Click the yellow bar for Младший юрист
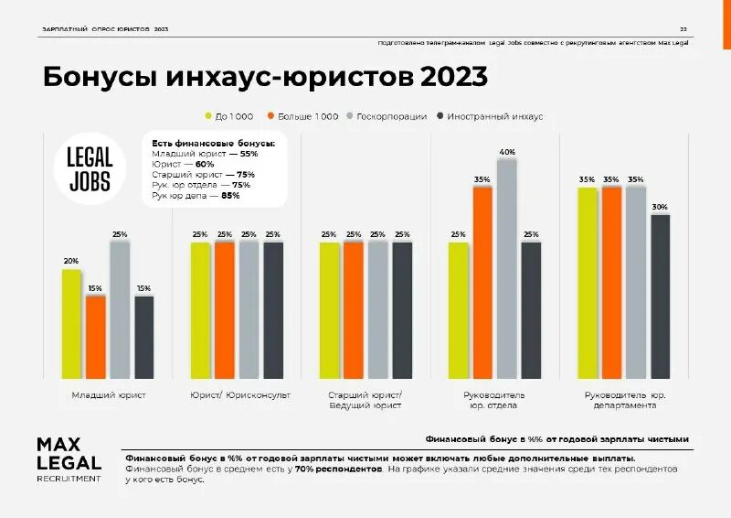71,323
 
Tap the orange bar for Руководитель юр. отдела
482,282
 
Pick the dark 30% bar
660,296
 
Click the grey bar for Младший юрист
120,309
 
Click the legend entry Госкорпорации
388,116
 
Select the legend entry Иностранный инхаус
490,116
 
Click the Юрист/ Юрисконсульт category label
240,395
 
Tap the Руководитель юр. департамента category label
623,400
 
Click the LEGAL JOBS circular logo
90,170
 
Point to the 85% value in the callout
230,195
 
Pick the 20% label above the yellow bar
70,261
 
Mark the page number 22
683,29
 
